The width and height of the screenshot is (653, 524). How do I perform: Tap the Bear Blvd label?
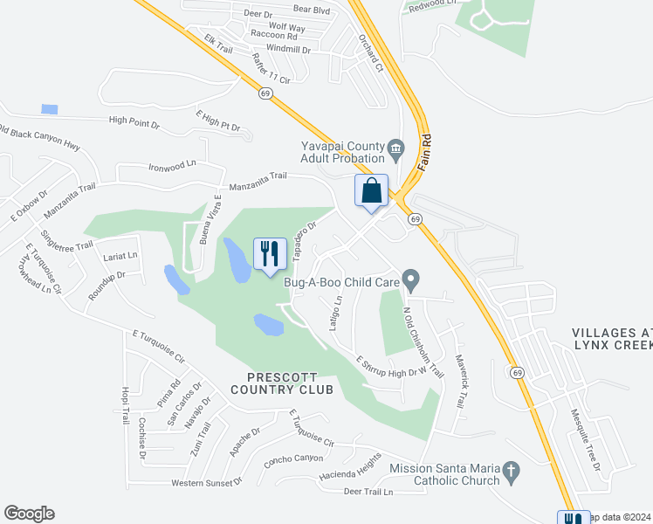pyautogui.click(x=312, y=10)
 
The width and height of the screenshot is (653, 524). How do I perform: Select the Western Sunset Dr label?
pyautogui.click(x=206, y=482)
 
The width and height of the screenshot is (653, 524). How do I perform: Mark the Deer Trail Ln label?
pyautogui.click(x=368, y=492)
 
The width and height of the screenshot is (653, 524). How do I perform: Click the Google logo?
pyautogui.click(x=29, y=514)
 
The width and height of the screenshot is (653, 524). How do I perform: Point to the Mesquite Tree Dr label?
pyautogui.click(x=586, y=440)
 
